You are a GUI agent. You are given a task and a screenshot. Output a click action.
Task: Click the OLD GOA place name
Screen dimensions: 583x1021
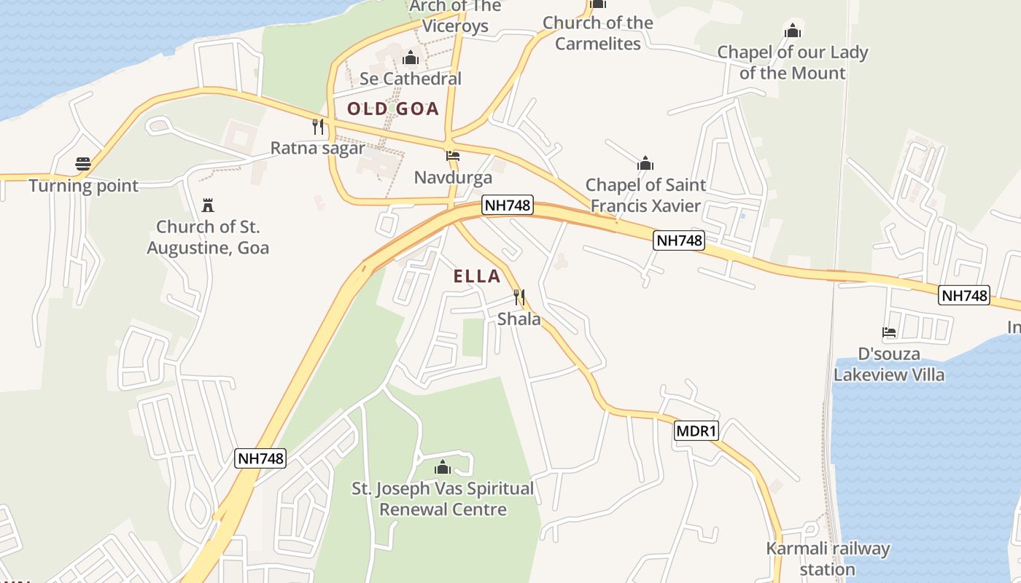[393, 109]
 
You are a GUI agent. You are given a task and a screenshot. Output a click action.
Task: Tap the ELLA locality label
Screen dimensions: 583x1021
[477, 276]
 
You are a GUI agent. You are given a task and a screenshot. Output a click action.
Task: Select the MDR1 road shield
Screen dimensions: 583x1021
[696, 431]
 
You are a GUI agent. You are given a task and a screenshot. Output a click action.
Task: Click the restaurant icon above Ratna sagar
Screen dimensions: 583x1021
[318, 127]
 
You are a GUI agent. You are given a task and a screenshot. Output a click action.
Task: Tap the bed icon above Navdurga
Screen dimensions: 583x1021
[453, 156]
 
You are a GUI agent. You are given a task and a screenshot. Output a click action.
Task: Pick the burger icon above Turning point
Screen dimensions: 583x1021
[83, 164]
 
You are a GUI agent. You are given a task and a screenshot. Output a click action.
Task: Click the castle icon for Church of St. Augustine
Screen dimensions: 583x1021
[208, 205]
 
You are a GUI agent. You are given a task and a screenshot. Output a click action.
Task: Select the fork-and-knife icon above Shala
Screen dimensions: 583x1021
[519, 297]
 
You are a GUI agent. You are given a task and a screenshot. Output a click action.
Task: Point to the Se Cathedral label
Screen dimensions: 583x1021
[411, 79]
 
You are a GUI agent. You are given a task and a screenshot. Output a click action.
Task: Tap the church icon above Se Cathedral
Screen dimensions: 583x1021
[411, 58]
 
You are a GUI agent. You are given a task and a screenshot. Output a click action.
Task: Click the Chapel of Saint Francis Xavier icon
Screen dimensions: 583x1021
[645, 163]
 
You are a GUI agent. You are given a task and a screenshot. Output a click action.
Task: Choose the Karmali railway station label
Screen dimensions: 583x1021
[828, 559]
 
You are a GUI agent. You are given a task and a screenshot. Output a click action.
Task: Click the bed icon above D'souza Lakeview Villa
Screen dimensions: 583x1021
[889, 332]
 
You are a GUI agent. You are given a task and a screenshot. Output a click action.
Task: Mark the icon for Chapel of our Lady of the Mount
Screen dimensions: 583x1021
[793, 31]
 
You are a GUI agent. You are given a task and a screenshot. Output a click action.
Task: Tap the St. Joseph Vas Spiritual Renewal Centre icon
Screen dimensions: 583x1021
[443, 467]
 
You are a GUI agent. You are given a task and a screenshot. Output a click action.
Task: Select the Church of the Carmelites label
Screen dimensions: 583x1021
[598, 33]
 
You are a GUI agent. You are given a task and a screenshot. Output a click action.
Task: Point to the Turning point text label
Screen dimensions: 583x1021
[84, 186]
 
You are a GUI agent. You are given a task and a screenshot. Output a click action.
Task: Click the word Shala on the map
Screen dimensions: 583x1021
[519, 319]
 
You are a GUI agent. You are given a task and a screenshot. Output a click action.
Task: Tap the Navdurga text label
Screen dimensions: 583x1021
[453, 178]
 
